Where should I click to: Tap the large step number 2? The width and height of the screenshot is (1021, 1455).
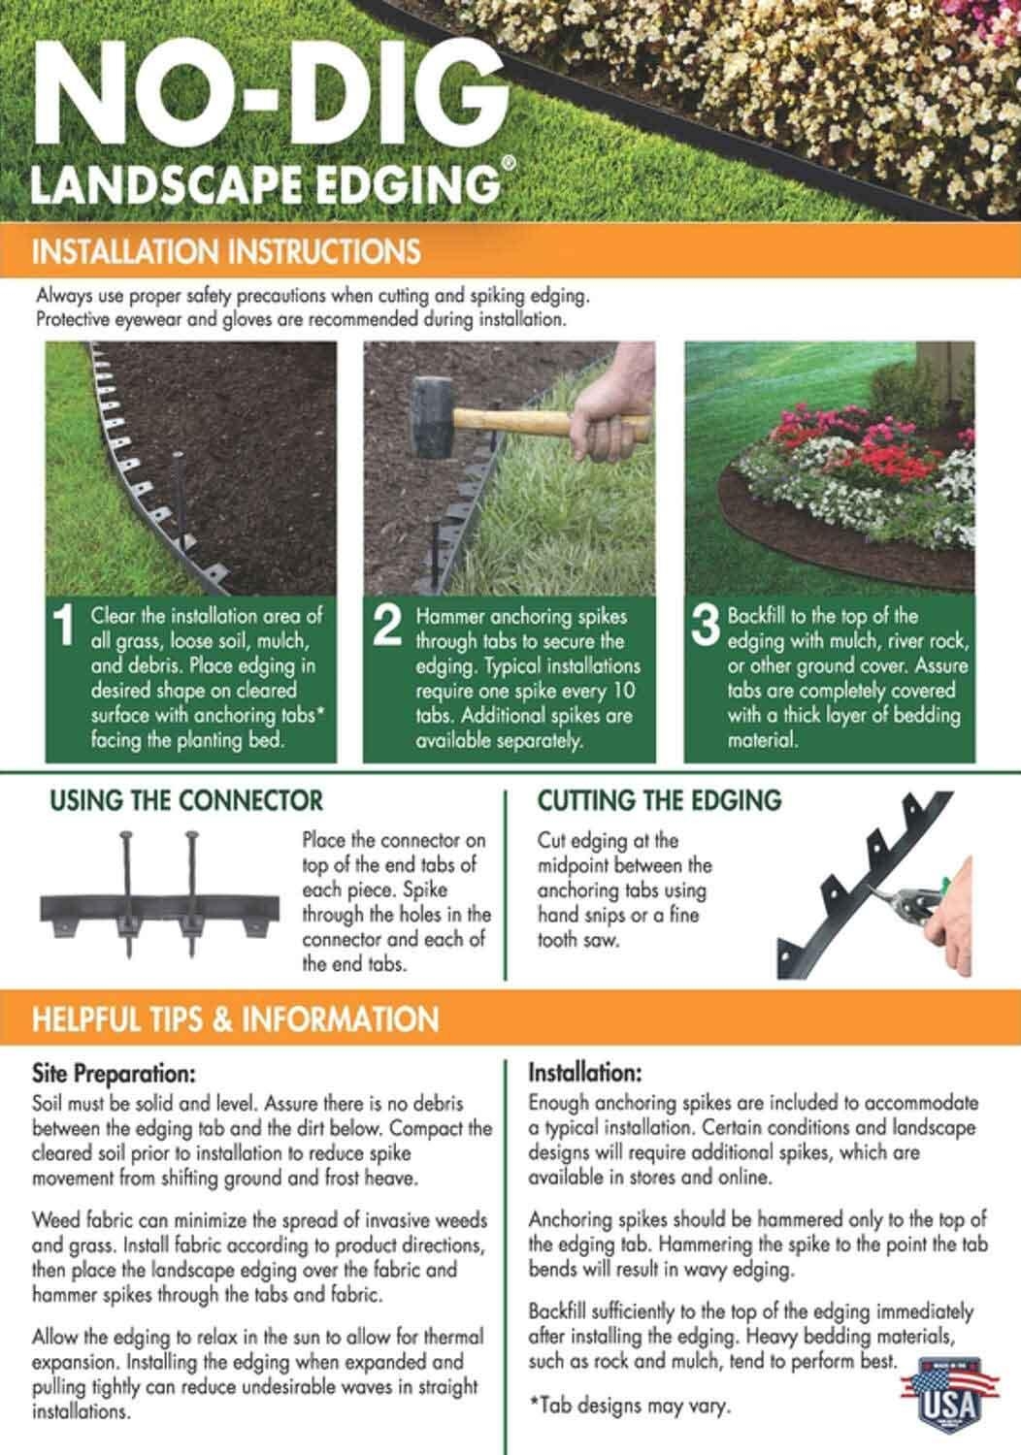click(x=387, y=627)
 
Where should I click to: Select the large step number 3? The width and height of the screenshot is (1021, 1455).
click(x=706, y=627)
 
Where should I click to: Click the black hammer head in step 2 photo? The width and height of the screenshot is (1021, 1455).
click(x=432, y=417)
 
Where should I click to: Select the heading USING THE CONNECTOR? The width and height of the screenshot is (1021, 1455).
click(x=186, y=800)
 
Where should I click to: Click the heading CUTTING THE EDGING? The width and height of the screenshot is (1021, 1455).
click(x=659, y=800)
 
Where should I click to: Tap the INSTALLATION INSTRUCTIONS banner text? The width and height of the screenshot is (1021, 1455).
click(x=226, y=251)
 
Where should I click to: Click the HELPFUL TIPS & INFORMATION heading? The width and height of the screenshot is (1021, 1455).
click(x=235, y=1018)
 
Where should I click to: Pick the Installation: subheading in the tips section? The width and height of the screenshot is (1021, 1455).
click(x=585, y=1073)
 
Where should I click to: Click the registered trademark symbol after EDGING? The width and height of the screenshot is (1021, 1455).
click(x=510, y=163)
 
